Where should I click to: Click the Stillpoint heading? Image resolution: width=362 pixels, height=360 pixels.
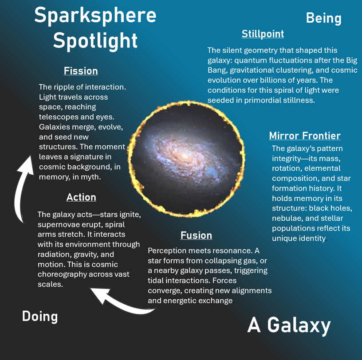[x=263, y=34]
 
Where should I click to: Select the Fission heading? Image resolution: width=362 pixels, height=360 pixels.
[x=81, y=71]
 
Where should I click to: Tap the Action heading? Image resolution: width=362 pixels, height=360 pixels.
[x=81, y=197]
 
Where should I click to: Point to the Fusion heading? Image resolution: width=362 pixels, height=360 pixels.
[x=196, y=235]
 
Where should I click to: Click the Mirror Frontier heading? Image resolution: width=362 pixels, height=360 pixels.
[x=305, y=136]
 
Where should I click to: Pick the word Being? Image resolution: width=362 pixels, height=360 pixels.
[x=324, y=19]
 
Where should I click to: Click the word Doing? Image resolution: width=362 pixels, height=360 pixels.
[x=40, y=317]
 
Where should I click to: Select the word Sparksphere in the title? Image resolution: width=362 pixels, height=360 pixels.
[x=95, y=16]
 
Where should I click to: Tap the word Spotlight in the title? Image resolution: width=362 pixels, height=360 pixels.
[x=95, y=41]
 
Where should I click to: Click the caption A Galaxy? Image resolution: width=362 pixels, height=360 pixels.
[x=289, y=325]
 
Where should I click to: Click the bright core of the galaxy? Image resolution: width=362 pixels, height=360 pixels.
[x=185, y=156]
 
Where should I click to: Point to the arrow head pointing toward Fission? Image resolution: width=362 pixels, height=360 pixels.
[x=27, y=164]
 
